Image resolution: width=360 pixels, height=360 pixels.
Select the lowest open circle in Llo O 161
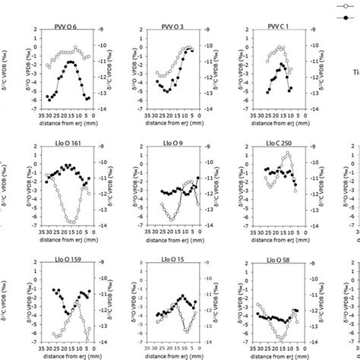(x=71, y=222)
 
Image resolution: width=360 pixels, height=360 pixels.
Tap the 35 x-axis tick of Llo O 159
(x=35, y=352)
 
